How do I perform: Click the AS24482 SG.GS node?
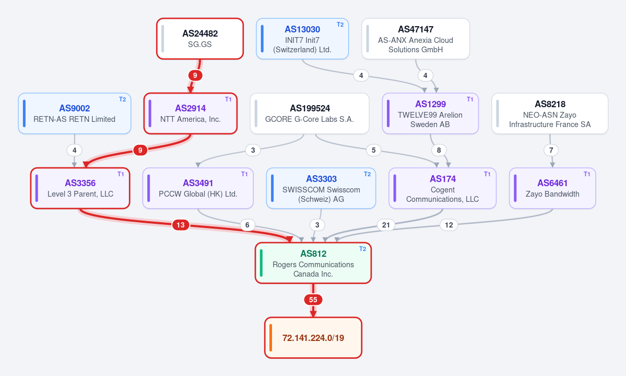pos(200,39)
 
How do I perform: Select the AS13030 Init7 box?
pos(302,39)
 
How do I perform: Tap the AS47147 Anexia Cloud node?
pos(416,39)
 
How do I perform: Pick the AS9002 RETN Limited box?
pos(75,113)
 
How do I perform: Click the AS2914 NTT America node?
pos(191,113)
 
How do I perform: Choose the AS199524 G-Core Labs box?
pos(310,113)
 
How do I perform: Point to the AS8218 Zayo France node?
pos(550,113)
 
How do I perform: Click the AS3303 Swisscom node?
pos(321,188)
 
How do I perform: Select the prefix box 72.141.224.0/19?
pos(313,338)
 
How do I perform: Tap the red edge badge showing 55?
pos(313,300)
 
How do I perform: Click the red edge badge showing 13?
pos(181,225)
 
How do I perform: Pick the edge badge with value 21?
pos(386,225)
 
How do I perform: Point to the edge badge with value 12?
pos(448,225)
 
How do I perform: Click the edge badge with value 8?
pos(439,150)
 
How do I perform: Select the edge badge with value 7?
pos(551,150)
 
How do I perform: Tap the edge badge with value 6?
pos(247,225)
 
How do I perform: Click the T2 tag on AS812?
pos(362,249)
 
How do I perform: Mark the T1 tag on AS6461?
pos(587,174)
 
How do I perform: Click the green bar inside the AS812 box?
pos(261,263)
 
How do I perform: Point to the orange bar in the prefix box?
pos(270,338)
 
